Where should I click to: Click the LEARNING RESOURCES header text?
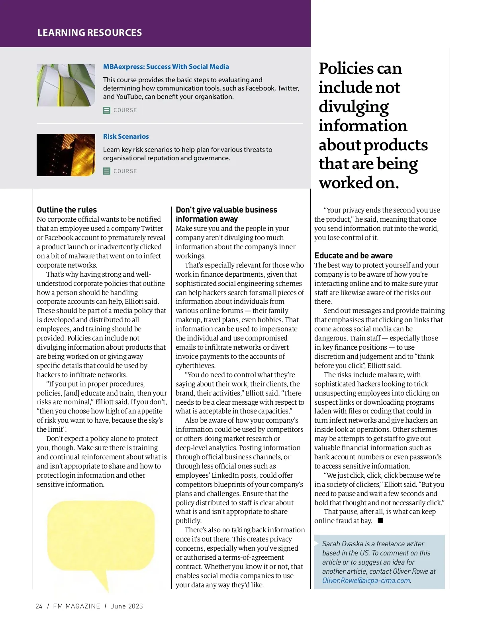(90, 33)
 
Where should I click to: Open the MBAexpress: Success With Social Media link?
(166, 67)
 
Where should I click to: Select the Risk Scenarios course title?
(126, 136)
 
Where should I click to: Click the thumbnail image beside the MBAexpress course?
(66, 85)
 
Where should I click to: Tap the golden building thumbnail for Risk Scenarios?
(66, 155)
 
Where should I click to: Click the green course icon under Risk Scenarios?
(107, 171)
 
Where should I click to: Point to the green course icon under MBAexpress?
(107, 110)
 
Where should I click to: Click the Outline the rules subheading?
(67, 210)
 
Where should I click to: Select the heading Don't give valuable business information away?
(226, 214)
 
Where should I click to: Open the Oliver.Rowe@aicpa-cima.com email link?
(366, 581)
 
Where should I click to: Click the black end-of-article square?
(380, 521)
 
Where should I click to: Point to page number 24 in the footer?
(39, 606)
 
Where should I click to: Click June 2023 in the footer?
(127, 606)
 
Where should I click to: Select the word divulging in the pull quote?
(353, 107)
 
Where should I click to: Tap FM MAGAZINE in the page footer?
(76, 606)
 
